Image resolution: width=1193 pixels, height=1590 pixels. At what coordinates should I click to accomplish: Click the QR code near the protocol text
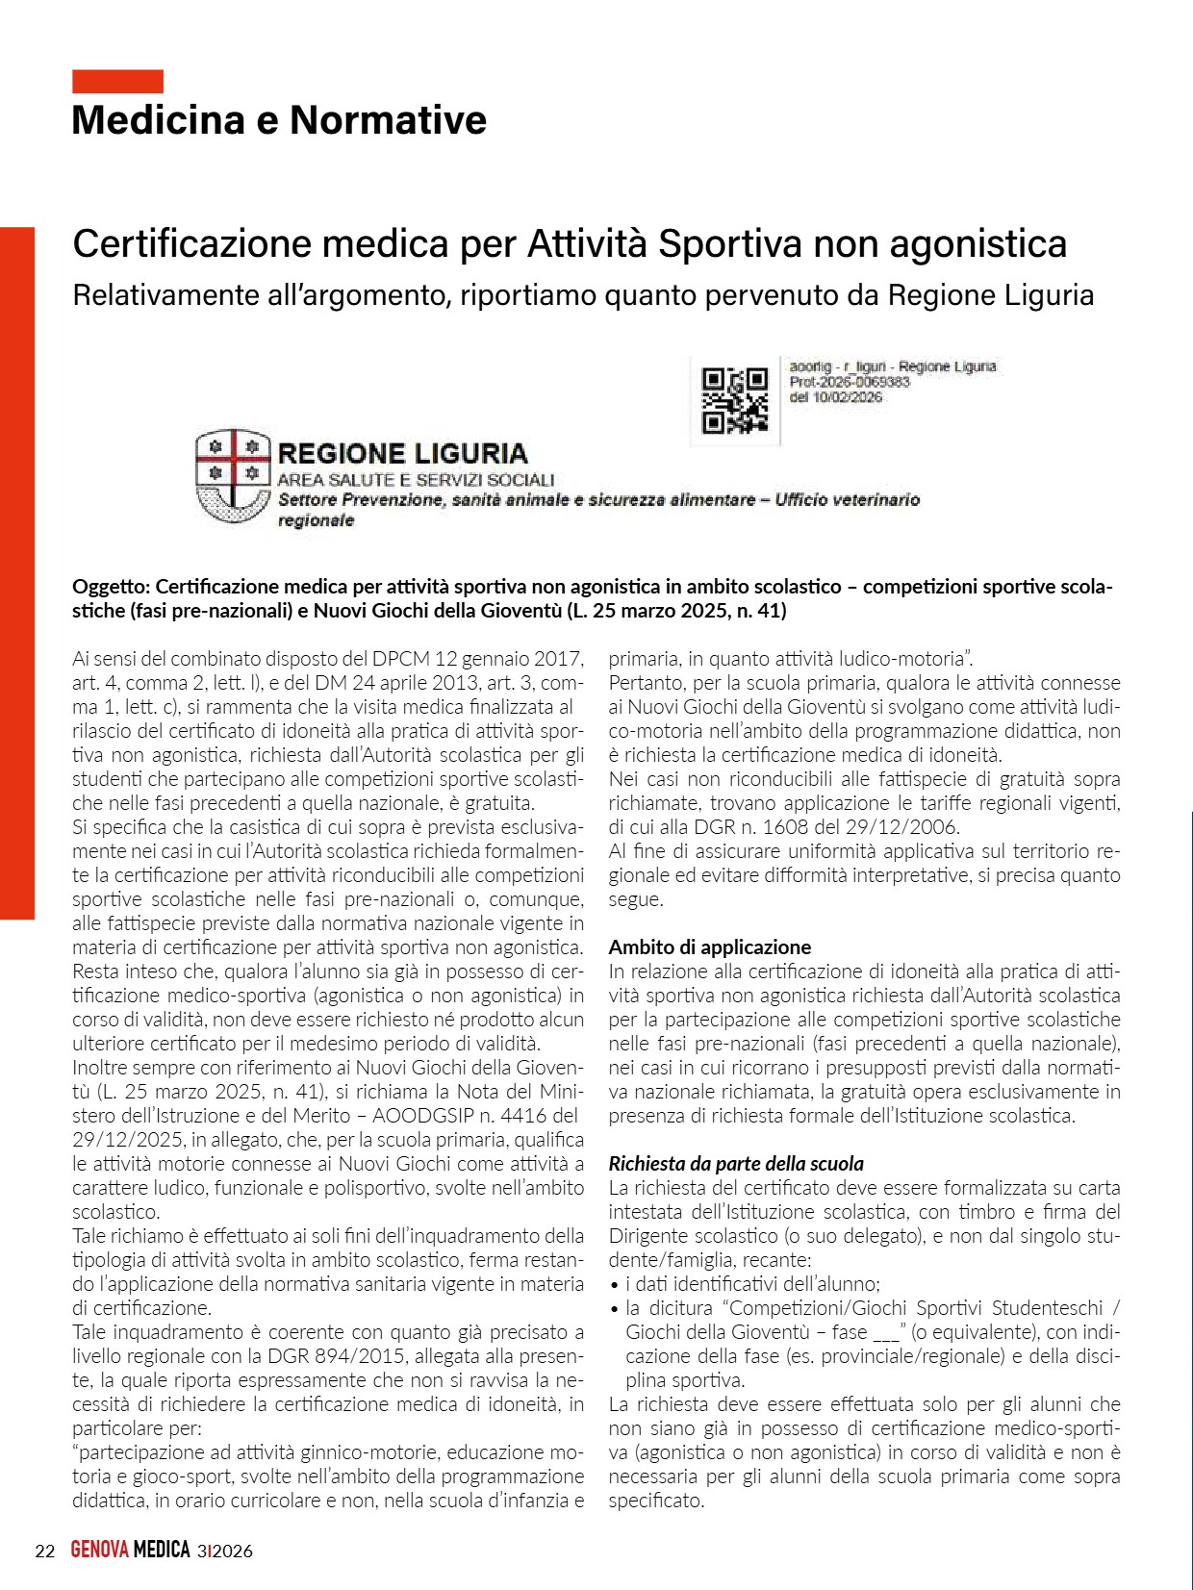click(735, 400)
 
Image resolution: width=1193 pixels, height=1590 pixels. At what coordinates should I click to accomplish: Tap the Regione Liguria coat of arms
click(233, 477)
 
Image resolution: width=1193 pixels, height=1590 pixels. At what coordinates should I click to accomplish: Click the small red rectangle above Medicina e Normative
click(117, 82)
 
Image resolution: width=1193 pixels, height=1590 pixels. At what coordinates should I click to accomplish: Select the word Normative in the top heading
click(388, 120)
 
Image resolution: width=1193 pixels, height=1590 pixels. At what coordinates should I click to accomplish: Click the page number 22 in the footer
click(44, 1551)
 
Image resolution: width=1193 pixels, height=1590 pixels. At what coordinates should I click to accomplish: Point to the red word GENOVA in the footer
click(100, 1551)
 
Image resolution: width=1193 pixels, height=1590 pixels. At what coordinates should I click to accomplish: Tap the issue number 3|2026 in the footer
click(224, 1551)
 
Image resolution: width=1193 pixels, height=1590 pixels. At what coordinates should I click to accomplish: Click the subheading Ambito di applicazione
click(709, 947)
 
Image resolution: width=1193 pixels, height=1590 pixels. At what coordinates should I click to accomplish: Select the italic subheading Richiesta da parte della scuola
click(736, 1164)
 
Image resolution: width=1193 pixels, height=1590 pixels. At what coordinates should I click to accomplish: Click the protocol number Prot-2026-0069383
click(850, 382)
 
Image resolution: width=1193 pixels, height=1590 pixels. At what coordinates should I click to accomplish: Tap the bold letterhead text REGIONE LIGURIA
click(402, 454)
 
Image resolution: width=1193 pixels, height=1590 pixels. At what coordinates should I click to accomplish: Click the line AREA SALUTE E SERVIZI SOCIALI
click(416, 480)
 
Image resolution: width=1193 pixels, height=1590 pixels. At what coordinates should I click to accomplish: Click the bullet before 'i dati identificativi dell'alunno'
click(614, 1285)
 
